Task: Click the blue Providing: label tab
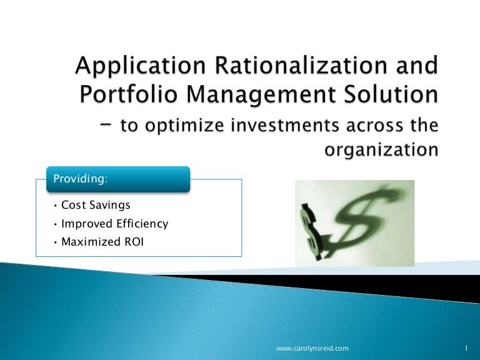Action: (117, 179)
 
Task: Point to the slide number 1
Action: (467, 347)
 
